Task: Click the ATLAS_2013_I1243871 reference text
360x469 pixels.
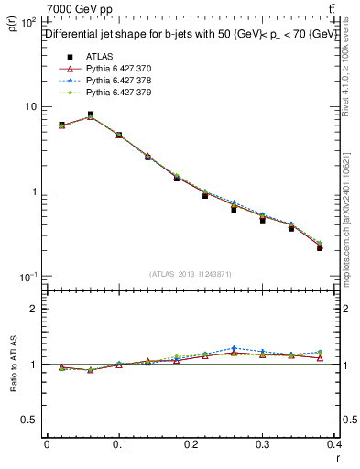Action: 191,274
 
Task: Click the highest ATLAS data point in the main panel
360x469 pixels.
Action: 90,115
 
